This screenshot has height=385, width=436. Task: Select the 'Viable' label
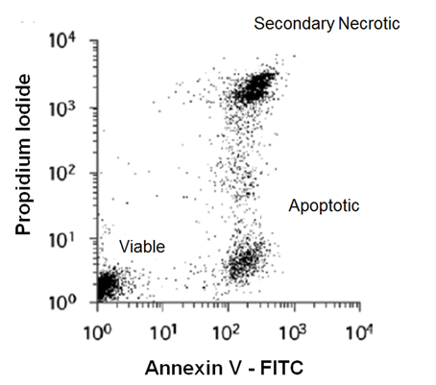[141, 247]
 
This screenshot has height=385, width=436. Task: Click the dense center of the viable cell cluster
[108, 284]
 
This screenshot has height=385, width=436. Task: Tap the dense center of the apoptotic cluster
[244, 259]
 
